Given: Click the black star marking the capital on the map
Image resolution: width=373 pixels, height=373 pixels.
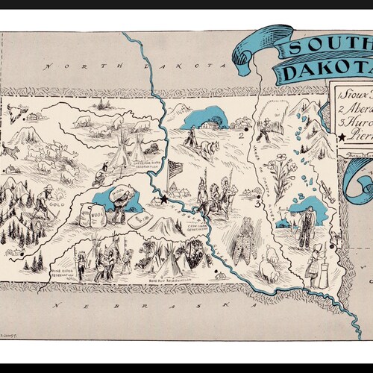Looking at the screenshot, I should tap(163, 199).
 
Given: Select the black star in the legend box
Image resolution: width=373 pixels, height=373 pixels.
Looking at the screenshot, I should tap(341, 137).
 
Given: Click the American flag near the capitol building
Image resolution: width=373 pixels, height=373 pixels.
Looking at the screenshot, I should tap(175, 169).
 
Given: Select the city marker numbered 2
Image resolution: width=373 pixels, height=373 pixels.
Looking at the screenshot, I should tap(242, 137).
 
